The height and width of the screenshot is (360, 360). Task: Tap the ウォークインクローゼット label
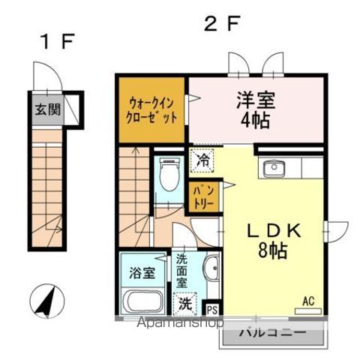151,110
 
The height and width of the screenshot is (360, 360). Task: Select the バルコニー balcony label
273,331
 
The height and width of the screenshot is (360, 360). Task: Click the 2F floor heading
222,24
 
